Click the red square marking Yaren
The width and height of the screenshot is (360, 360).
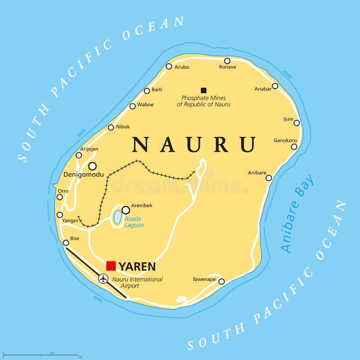(x=111, y=266)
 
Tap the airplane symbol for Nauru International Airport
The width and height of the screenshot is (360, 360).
(x=103, y=279)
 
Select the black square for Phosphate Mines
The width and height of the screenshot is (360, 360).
(x=203, y=90)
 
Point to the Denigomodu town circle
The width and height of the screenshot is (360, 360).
(x=92, y=166)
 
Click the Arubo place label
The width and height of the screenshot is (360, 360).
(x=182, y=67)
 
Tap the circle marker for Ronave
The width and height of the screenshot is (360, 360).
(x=227, y=61)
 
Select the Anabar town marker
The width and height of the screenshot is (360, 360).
(x=275, y=86)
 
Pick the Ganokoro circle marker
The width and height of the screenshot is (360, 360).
(x=294, y=146)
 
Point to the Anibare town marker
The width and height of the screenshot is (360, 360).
(x=269, y=178)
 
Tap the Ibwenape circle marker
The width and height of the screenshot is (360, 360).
(x=221, y=281)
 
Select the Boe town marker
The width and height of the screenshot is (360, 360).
(x=66, y=243)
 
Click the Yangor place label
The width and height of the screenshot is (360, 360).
(x=71, y=221)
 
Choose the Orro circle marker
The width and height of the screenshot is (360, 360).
(x=59, y=197)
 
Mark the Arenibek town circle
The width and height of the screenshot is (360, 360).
(x=126, y=210)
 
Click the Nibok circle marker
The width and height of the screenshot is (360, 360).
(x=111, y=127)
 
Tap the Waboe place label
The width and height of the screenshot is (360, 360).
(x=145, y=105)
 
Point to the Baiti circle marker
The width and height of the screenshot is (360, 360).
(x=147, y=90)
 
